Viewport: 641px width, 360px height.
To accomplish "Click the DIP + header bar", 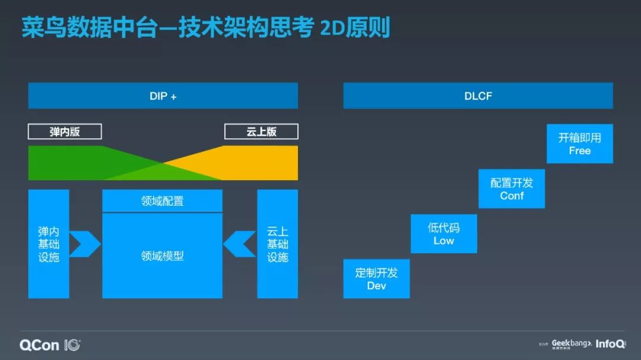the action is click(163, 95).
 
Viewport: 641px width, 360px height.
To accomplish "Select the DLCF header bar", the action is click(478, 95).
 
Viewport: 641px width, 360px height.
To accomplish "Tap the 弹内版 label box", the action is click(65, 132).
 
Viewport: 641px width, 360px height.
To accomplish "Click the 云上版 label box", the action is click(261, 132).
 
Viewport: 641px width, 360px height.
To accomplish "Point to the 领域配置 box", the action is click(162, 201).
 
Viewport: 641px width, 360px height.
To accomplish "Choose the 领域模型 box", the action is click(162, 256).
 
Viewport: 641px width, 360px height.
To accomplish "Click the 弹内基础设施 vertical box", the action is click(49, 244).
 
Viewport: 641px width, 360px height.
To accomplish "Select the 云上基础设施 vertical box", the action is click(277, 244).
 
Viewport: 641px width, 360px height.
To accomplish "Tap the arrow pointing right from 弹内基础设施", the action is click(84, 244).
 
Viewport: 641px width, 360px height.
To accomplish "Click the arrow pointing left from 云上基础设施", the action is click(240, 244).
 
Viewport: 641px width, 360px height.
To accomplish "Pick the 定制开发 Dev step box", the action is click(376, 279).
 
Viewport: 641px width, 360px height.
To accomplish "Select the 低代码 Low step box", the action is click(443, 234).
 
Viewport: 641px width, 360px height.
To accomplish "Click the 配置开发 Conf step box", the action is click(512, 189).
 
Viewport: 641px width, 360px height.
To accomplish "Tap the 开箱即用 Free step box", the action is click(579, 144).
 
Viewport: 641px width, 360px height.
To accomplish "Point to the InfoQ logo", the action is click(609, 344).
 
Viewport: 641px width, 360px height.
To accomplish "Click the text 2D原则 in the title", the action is click(355, 28).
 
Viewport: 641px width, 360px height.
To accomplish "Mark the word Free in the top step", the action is click(579, 151).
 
